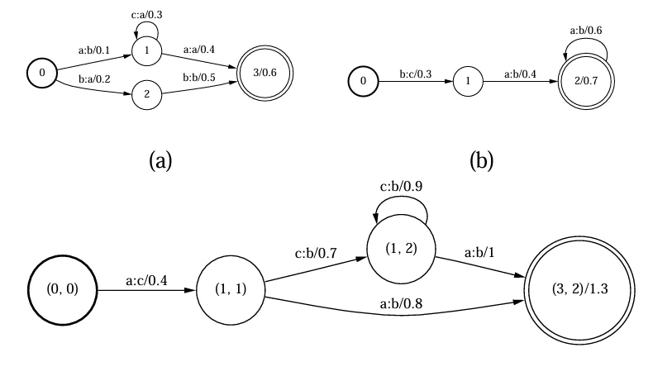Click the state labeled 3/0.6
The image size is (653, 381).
[265, 73]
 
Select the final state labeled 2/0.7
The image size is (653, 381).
[586, 81]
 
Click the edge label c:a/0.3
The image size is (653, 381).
[146, 15]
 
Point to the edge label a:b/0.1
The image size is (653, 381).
[94, 50]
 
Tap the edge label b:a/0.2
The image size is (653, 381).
[94, 79]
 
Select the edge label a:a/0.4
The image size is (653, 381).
[199, 50]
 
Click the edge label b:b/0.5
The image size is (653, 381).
[199, 78]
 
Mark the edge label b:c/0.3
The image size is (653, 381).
[416, 74]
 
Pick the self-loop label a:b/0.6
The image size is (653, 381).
[586, 31]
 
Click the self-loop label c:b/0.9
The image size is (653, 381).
[401, 186]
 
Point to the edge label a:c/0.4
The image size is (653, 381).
[146, 280]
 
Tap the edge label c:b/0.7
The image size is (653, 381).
[316, 253]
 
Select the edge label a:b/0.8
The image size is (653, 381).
[401, 303]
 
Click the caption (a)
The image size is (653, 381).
[160, 160]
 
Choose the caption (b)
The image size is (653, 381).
[481, 160]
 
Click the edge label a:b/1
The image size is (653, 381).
[479, 252]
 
